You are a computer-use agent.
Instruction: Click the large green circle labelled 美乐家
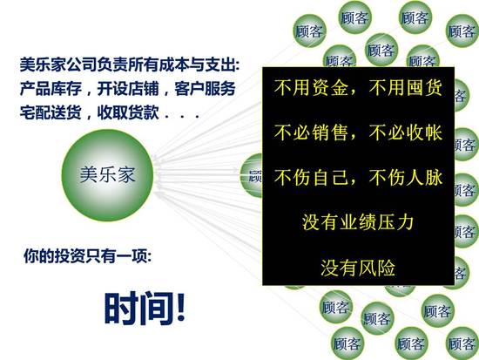point(107,175)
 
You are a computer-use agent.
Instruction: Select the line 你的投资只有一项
point(87,255)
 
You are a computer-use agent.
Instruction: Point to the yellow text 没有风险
point(358,268)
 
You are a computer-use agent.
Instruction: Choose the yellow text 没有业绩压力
point(358,222)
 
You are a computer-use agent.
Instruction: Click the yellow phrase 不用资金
point(311,87)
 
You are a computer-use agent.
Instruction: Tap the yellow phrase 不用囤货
point(405,87)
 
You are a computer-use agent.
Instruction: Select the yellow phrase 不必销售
point(311,132)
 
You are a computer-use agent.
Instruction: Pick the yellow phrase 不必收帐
point(405,132)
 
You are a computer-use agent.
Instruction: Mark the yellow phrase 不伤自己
point(311,178)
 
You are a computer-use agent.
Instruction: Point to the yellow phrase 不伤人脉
point(405,178)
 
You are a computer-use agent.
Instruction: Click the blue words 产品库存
point(51,89)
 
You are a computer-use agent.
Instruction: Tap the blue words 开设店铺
point(128,89)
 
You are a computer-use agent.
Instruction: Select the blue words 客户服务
point(205,89)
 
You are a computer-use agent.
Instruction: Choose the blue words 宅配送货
point(51,112)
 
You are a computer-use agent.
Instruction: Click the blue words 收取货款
point(128,112)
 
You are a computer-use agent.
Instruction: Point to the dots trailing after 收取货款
point(182,116)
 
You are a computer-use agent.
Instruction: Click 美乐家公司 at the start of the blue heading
point(58,65)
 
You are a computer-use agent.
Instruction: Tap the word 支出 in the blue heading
point(220,65)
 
